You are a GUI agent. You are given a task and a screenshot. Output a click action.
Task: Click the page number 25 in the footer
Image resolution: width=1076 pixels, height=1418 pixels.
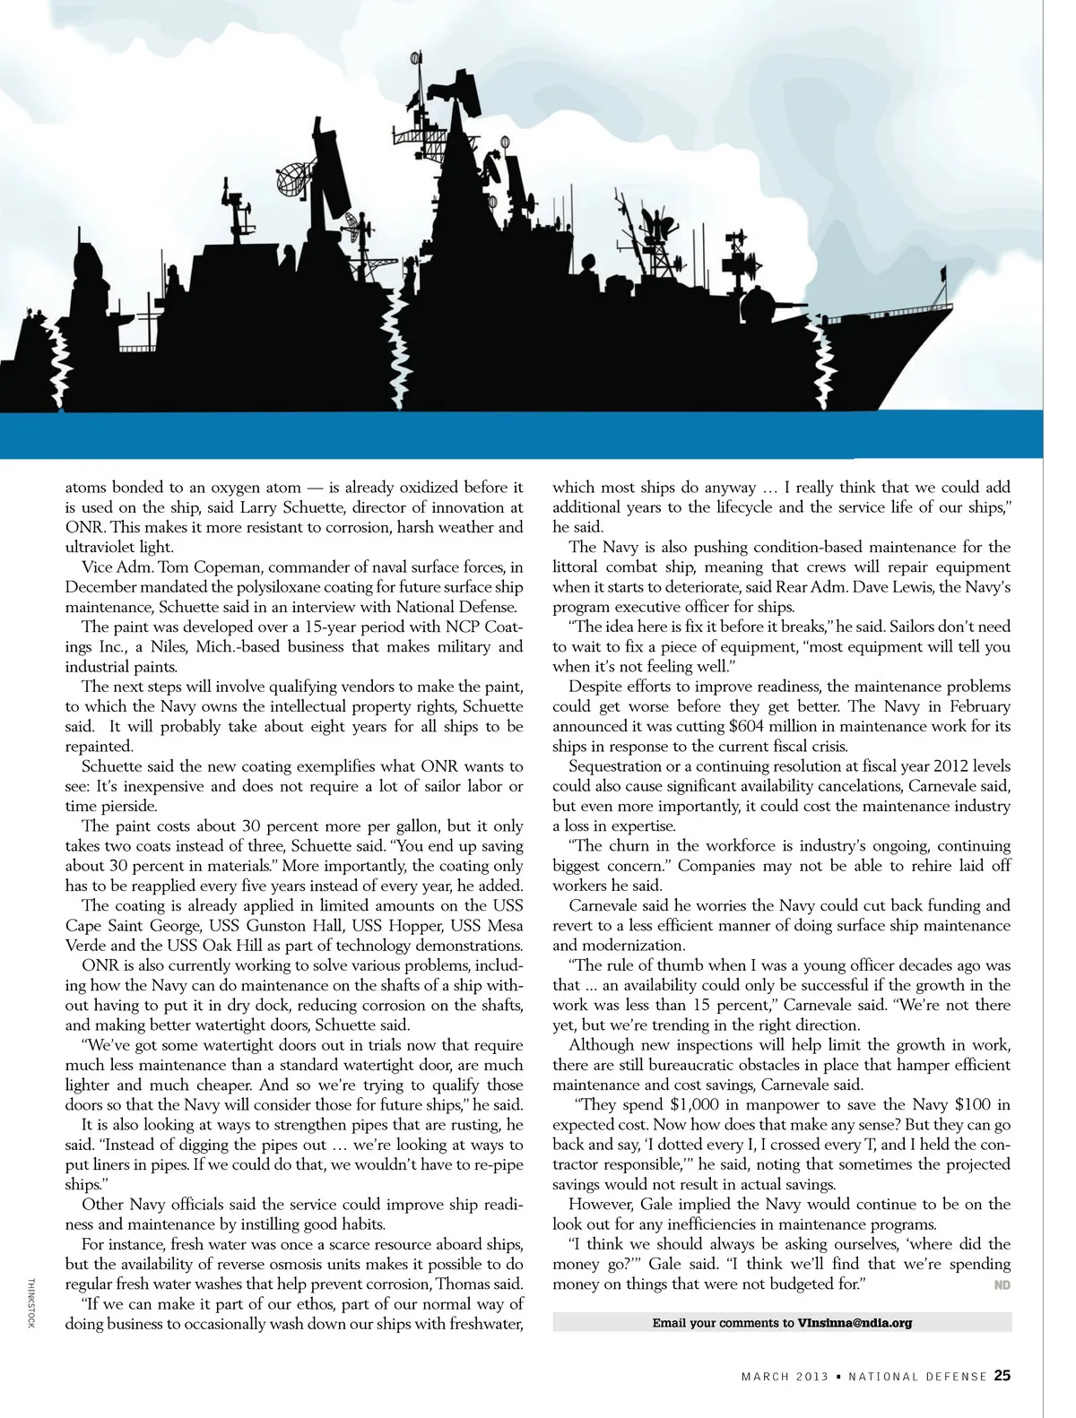1002,1376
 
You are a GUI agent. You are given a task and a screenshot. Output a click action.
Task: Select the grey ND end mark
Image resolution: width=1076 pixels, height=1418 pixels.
1002,1285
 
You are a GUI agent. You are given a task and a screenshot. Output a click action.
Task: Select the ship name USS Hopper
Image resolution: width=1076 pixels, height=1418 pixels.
400,925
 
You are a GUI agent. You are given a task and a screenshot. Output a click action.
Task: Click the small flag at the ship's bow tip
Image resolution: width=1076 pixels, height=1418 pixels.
941,272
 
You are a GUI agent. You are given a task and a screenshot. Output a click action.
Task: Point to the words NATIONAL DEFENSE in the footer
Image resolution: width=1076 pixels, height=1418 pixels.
917,1377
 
